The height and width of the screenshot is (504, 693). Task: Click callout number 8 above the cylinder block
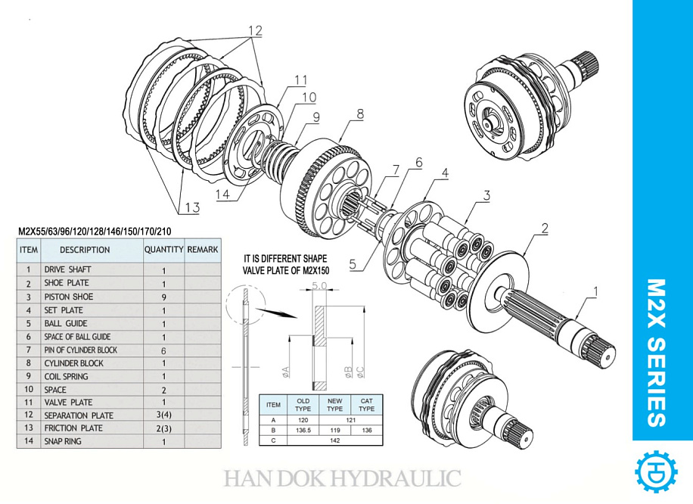point(360,114)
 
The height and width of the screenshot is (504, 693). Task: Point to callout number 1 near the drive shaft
point(595,291)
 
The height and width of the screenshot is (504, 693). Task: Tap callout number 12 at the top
point(255,31)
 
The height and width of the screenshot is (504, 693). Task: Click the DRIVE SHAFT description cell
point(67,269)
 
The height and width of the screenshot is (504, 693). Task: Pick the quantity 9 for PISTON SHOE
point(163,297)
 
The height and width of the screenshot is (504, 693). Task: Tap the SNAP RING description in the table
point(62,441)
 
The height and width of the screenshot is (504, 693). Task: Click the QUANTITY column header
point(163,249)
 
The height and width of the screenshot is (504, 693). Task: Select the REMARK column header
point(202,249)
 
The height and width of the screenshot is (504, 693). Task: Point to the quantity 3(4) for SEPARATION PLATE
point(163,415)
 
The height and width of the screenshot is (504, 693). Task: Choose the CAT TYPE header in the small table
point(366,404)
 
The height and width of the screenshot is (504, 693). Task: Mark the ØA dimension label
point(286,370)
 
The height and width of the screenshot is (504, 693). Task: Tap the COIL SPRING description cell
point(66,376)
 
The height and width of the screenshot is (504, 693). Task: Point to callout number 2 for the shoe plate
point(543,227)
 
